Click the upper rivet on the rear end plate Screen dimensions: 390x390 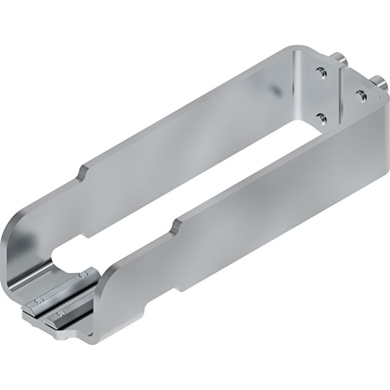(320, 71)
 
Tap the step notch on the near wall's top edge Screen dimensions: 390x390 (177, 224)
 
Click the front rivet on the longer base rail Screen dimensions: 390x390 (38, 301)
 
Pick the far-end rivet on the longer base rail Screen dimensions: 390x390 (84, 275)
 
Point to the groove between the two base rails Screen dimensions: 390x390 (56, 304)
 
